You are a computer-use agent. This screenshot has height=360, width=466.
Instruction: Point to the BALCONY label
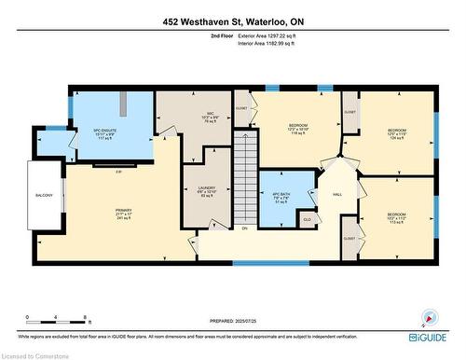(x=45, y=195)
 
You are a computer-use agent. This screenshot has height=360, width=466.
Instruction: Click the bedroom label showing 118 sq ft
(x=298, y=129)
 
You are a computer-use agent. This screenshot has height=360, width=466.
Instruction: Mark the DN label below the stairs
(x=244, y=228)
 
